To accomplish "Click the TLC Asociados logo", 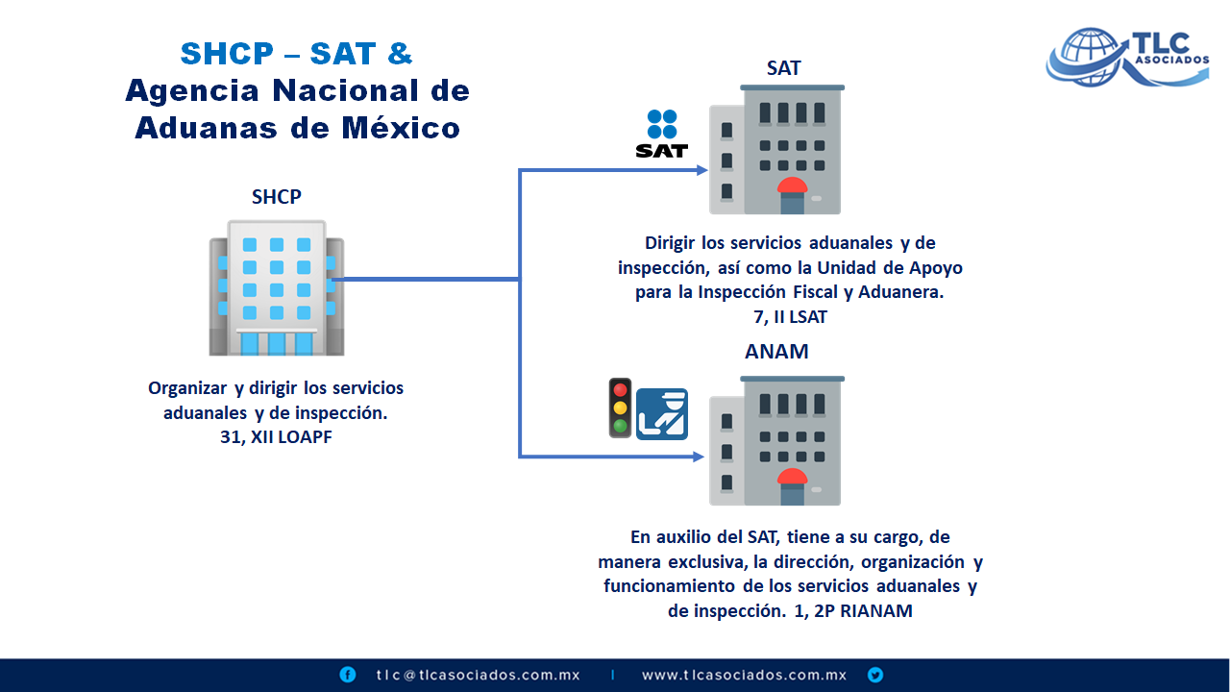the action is click(1128, 57).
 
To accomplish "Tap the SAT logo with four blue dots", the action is click(662, 134).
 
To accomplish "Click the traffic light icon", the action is click(621, 408).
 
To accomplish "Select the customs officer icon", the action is click(662, 414).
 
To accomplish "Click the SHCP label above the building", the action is click(276, 197).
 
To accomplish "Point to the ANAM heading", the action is click(776, 352).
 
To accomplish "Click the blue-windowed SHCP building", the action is click(277, 287).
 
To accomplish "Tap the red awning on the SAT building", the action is click(793, 185).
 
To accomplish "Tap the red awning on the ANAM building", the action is click(793, 476).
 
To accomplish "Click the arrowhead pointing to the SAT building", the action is click(701, 170).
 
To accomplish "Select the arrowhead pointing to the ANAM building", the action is click(699, 457).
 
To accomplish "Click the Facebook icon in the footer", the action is click(348, 675).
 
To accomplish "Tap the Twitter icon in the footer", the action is click(875, 675).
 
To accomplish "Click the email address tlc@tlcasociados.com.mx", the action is click(478, 675).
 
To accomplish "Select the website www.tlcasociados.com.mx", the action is click(744, 675).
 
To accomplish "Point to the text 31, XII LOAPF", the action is click(276, 437).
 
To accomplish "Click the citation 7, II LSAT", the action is click(790, 317).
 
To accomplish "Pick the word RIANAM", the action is click(876, 610).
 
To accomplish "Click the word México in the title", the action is click(401, 128).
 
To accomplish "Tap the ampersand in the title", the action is click(400, 53).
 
